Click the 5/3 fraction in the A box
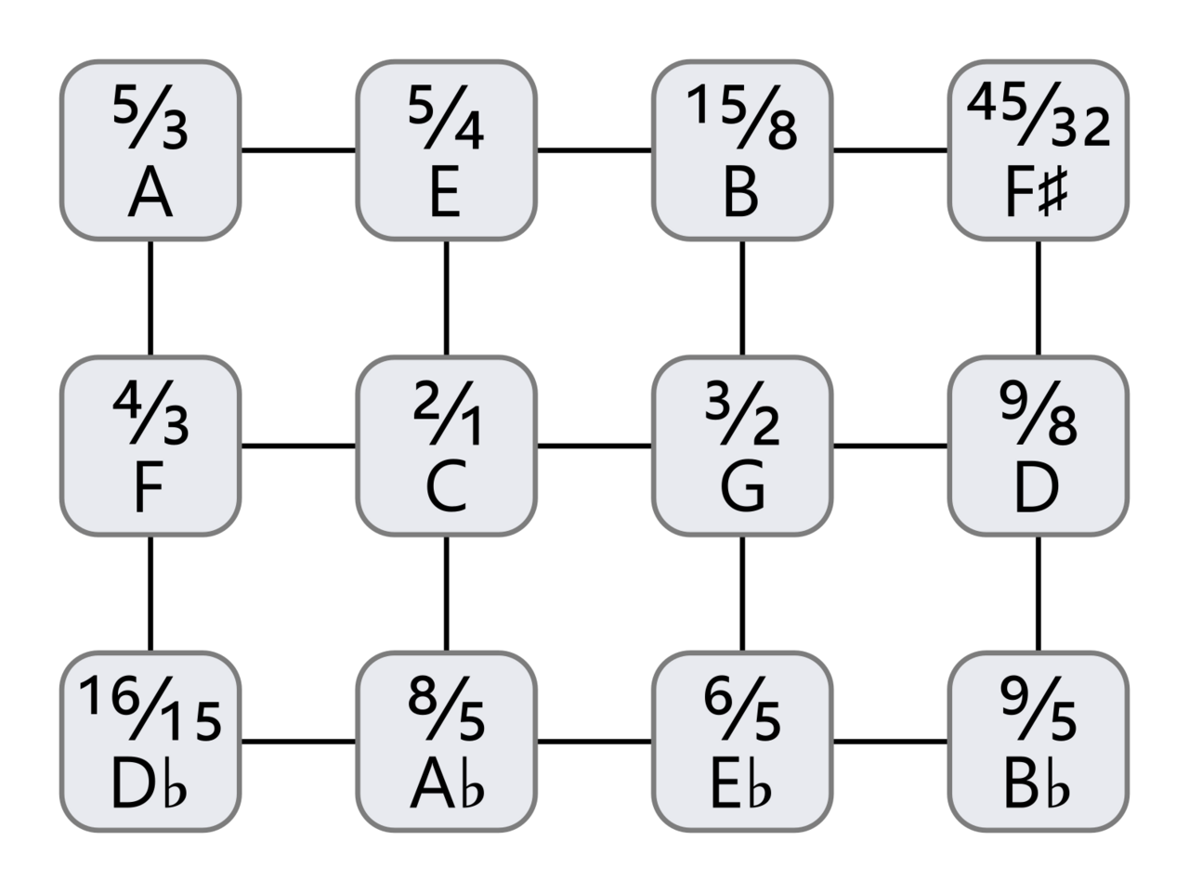tap(150, 116)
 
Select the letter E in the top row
tap(445, 191)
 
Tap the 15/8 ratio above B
tap(741, 116)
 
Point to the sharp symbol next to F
tap(1053, 192)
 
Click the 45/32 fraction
tap(1039, 115)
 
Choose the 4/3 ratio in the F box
tap(150, 412)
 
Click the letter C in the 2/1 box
tap(446, 485)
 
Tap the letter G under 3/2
tap(742, 485)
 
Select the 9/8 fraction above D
tap(1039, 412)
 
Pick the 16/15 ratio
tap(150, 708)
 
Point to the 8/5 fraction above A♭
tap(446, 708)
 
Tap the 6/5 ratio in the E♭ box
tap(742, 708)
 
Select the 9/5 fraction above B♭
tap(1039, 708)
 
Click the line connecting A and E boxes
tap(298, 150)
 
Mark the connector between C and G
tap(594, 446)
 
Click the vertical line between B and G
tap(742, 298)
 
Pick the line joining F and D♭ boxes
tap(150, 594)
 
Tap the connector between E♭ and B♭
tap(891, 742)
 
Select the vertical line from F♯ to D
tap(1039, 298)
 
